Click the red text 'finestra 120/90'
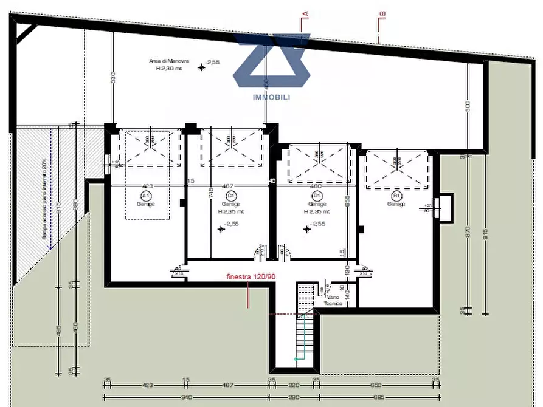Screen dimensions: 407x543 tap(251, 277)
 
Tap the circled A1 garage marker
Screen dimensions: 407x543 tap(145, 196)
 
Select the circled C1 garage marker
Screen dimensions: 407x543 tap(230, 196)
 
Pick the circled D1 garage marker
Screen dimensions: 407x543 tap(316, 196)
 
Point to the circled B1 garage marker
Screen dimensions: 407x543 tap(396, 196)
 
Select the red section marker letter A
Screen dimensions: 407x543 tap(306, 13)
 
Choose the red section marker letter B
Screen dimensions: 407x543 tap(382, 13)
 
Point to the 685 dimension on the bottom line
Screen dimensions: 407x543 tap(376, 397)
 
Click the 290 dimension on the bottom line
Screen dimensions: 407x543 tap(293, 397)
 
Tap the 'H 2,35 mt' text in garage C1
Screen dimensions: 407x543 tap(232, 212)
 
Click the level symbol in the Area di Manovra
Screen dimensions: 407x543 tap(202, 67)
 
